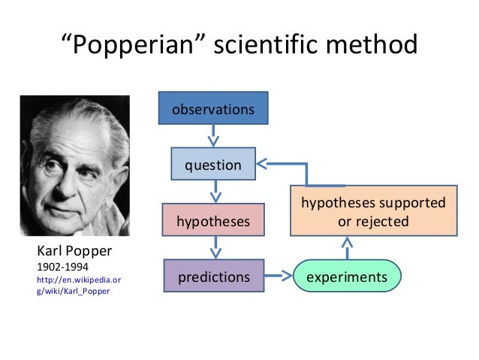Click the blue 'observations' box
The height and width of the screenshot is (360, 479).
(x=213, y=110)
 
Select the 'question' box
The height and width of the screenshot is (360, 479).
(x=213, y=165)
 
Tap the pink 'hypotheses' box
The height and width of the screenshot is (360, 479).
(x=213, y=221)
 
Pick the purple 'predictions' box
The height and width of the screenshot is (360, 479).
(x=213, y=277)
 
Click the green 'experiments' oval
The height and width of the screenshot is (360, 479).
(x=347, y=277)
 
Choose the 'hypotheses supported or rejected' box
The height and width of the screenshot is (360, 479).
(x=373, y=211)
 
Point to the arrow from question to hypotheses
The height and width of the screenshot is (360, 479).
(x=214, y=192)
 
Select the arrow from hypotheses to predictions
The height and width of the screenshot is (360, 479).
(x=214, y=249)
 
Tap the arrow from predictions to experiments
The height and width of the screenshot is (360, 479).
(x=279, y=277)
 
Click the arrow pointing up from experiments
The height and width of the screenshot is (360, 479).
(x=347, y=249)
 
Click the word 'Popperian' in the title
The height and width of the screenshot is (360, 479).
(x=133, y=46)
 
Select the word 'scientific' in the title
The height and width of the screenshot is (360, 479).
(x=268, y=46)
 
